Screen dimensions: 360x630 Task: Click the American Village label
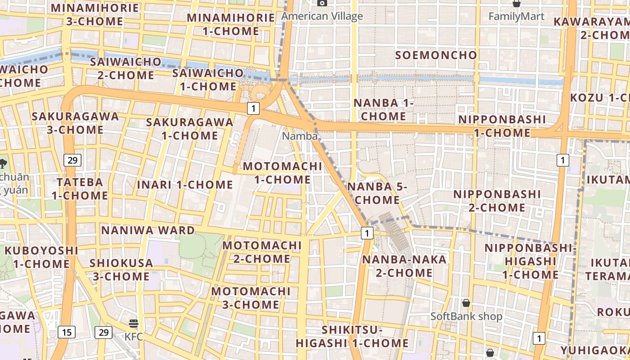coord(322,17)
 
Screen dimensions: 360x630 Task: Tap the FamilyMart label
coord(516,17)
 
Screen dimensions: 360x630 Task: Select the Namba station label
coord(300,136)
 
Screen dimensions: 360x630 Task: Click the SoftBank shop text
coord(466,316)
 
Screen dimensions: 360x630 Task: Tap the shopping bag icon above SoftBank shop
coord(466,302)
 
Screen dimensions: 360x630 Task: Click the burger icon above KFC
coord(133,323)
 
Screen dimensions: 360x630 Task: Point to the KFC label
coord(134,336)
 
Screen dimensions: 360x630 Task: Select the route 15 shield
coord(67,333)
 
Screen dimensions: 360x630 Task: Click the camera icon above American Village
coord(322,3)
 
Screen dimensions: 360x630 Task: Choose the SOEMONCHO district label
coord(436,55)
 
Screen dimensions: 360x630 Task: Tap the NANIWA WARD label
coord(148,230)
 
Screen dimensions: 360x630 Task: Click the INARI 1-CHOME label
coord(185,185)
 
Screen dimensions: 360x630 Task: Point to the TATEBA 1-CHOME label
coord(80,189)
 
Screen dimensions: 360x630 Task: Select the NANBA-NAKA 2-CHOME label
coord(398,266)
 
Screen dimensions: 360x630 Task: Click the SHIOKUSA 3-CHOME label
coord(119,270)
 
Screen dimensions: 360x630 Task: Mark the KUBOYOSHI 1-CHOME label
coord(41,257)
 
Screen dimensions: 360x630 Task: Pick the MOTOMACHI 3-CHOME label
coord(251,298)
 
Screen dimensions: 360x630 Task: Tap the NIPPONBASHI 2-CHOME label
coord(497,201)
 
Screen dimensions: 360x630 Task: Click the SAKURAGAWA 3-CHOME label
coord(75,123)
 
